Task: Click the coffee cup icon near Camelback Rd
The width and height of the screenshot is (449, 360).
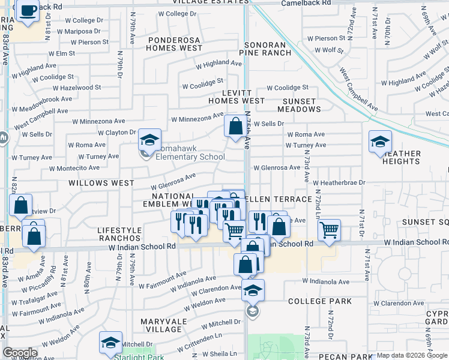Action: tap(28, 11)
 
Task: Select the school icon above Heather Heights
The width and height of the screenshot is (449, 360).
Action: tap(380, 142)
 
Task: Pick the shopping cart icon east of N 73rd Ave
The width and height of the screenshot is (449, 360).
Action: tap(329, 230)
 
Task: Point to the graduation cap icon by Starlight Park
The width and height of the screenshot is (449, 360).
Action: tap(110, 343)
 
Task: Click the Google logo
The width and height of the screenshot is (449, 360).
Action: tap(20, 353)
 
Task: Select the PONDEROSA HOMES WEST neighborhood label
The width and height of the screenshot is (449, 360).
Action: tap(175, 44)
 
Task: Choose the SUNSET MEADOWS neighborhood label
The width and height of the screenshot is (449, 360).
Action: tap(299, 105)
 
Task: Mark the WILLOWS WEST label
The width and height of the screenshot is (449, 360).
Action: tap(101, 182)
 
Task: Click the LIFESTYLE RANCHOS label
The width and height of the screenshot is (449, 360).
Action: tap(119, 234)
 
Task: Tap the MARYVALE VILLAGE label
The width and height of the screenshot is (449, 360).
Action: tap(161, 325)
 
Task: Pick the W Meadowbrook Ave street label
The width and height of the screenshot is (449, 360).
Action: tap(41, 100)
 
